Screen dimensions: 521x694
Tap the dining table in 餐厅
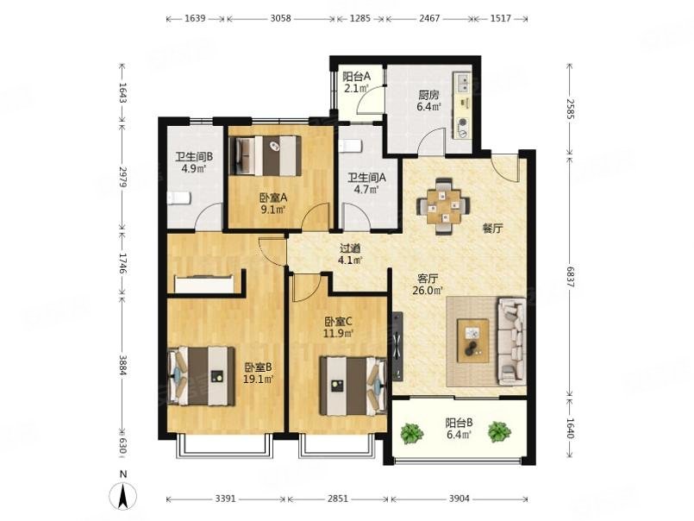[x=444, y=205]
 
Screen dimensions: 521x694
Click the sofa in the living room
[x=511, y=340]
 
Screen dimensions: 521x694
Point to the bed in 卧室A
[x=267, y=156]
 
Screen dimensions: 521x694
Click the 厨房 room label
[x=428, y=95]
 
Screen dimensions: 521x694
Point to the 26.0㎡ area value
[x=428, y=291]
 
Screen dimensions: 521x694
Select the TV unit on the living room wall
[x=397, y=346]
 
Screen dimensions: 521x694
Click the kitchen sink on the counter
[x=464, y=85]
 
